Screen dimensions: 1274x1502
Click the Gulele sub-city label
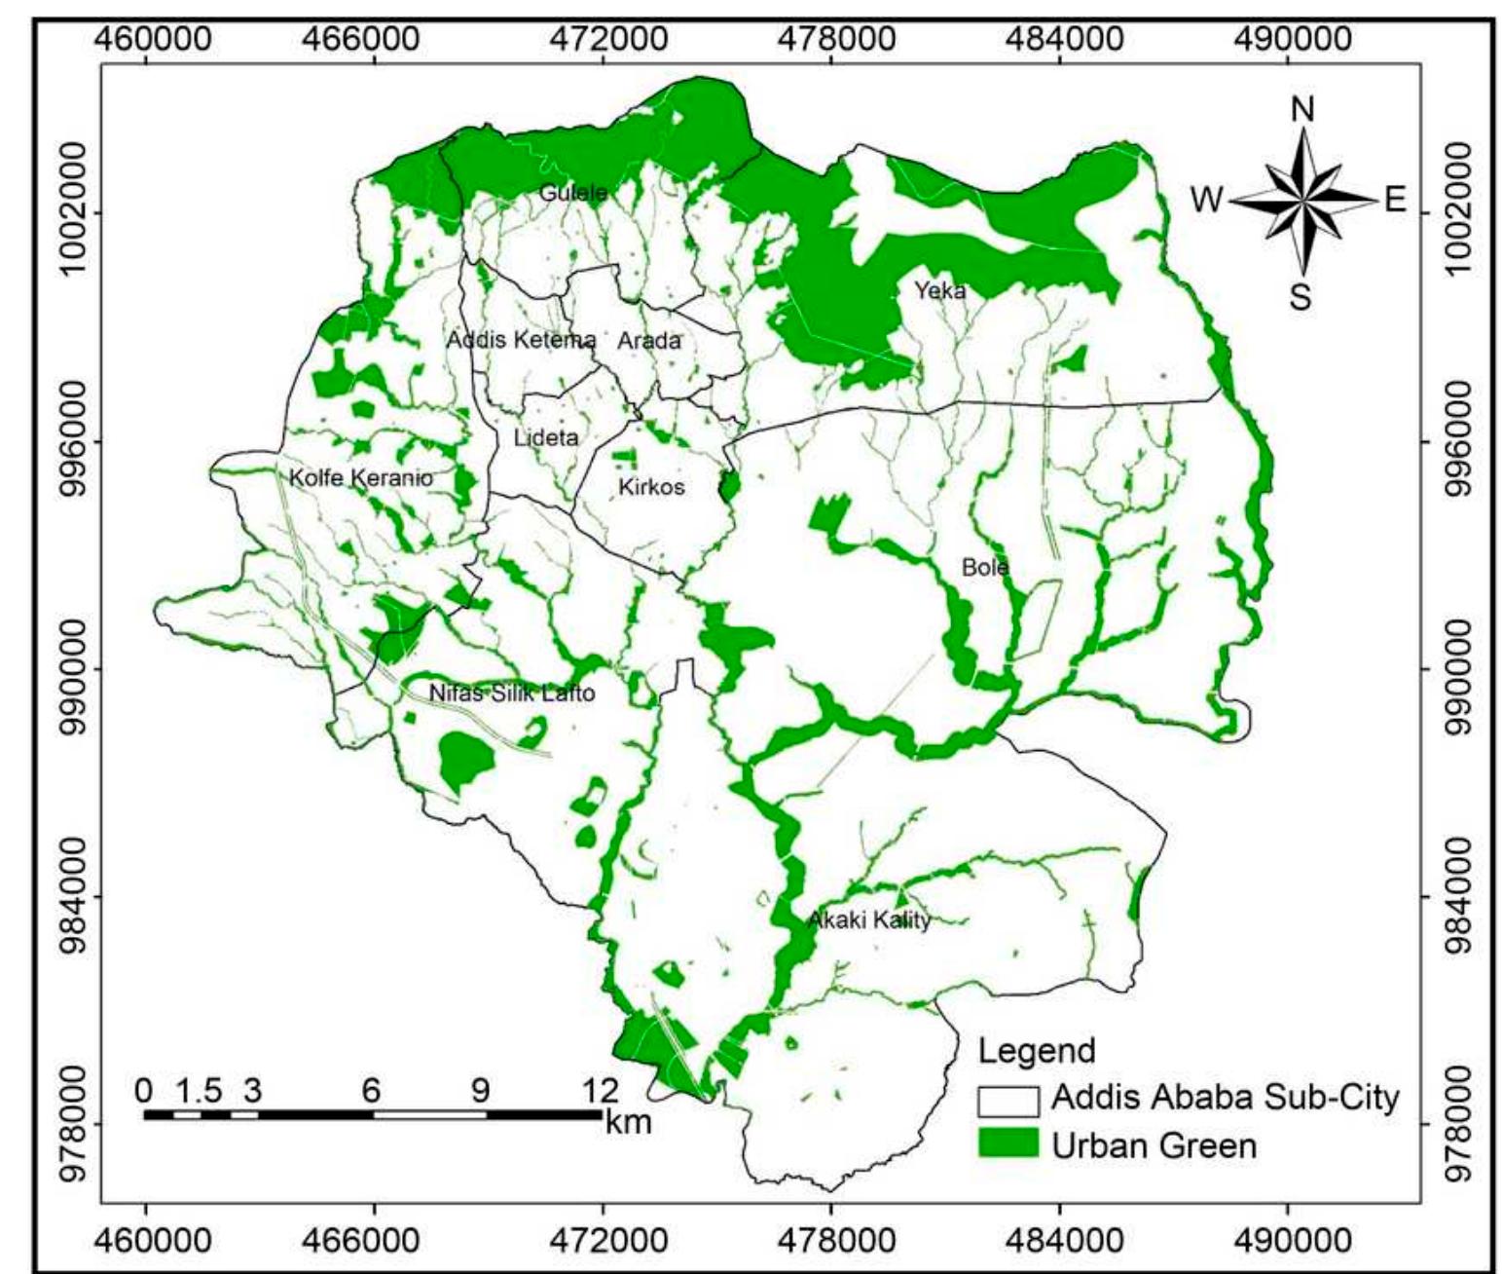pos(572,192)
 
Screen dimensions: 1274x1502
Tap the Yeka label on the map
pos(939,290)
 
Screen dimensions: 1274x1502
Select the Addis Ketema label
pos(521,341)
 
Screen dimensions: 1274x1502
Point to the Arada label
pos(649,341)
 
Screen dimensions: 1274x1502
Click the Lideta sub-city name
pos(545,437)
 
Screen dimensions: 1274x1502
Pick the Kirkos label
pos(651,486)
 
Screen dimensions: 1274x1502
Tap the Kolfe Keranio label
pos(361,478)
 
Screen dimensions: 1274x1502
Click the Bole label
pos(984,567)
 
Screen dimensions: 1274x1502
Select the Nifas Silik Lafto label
pos(512,694)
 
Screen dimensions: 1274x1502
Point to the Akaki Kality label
pos(869,920)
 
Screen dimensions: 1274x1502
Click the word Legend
pos(1036,1052)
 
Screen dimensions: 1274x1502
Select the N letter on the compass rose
pos(1301,109)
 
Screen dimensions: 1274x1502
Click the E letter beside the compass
pos(1395,201)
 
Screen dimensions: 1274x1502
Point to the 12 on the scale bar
pos(601,1089)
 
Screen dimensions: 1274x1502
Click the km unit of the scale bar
pos(627,1122)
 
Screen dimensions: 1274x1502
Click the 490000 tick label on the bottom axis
pos(1287,1241)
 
